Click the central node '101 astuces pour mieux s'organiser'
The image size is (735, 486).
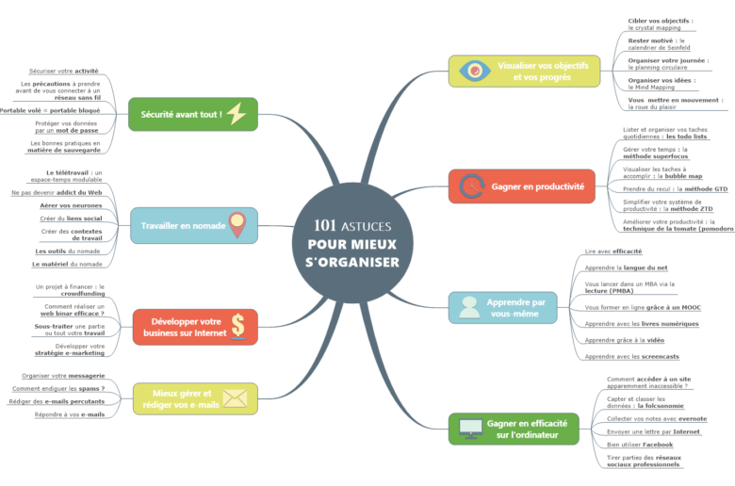click(x=352, y=244)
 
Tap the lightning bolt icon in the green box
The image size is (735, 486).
click(x=237, y=114)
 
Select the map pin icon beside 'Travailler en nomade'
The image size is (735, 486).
click(x=237, y=225)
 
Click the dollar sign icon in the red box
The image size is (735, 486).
click(x=237, y=326)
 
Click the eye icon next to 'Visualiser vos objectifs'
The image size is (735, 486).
click(x=473, y=72)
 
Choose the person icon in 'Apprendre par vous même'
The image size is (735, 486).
click(x=469, y=307)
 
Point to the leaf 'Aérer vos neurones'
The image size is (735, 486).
click(x=71, y=205)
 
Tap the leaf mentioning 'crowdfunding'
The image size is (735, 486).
click(x=71, y=290)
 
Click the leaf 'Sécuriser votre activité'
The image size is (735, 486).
click(x=63, y=71)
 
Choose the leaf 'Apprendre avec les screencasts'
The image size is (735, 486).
click(x=631, y=357)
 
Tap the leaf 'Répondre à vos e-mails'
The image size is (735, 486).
click(x=70, y=413)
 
